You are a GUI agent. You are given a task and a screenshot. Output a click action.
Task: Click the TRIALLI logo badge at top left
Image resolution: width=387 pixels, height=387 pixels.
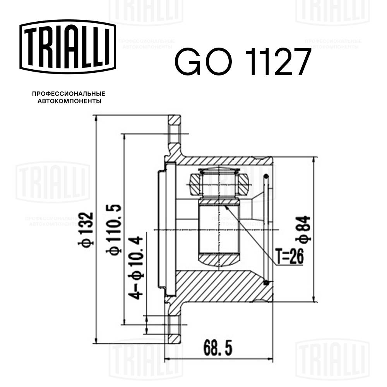(x=68, y=46)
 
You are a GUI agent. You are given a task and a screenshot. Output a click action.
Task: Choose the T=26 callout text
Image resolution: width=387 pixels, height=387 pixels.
(x=289, y=255)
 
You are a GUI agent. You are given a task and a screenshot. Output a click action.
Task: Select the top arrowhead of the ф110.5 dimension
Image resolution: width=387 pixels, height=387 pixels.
(x=124, y=136)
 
